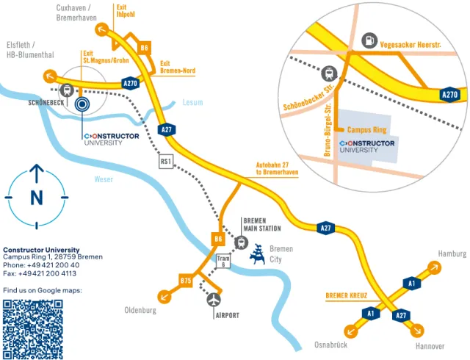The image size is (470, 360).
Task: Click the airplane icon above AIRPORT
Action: pyautogui.click(x=214, y=299)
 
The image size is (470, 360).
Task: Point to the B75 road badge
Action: pyautogui.click(x=186, y=280)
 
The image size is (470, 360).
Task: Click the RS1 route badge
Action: pyautogui.click(x=166, y=162)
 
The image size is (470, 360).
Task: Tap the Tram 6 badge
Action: pyautogui.click(x=224, y=262)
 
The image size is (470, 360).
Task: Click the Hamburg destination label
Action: pyautogui.click(x=452, y=253)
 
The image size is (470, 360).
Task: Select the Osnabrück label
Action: pyautogui.click(x=330, y=345)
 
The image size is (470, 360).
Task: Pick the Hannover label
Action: pyautogui.click(x=429, y=345)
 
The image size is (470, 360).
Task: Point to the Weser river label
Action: pyautogui.click(x=104, y=179)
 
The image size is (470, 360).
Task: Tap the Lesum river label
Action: pyautogui.click(x=192, y=103)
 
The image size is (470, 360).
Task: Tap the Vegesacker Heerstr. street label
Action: pyautogui.click(x=411, y=46)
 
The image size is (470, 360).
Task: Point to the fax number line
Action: pyautogui.click(x=40, y=273)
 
